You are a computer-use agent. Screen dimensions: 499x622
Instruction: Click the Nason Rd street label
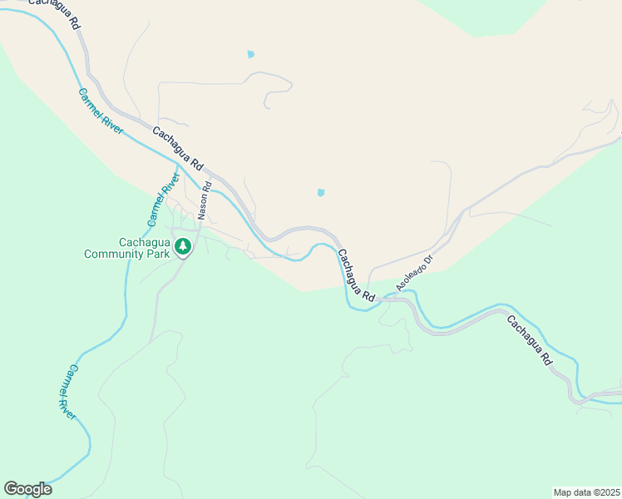(205, 200)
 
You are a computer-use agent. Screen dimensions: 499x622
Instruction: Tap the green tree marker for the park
(183, 247)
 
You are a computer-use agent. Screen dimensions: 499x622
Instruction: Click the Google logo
(27, 488)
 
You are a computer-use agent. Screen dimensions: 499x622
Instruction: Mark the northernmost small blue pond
(250, 55)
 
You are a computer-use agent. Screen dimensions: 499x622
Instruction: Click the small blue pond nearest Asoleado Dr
(320, 193)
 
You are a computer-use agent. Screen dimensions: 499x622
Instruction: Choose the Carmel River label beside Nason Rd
(163, 200)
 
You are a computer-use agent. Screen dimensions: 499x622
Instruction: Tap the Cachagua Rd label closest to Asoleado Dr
(356, 275)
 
